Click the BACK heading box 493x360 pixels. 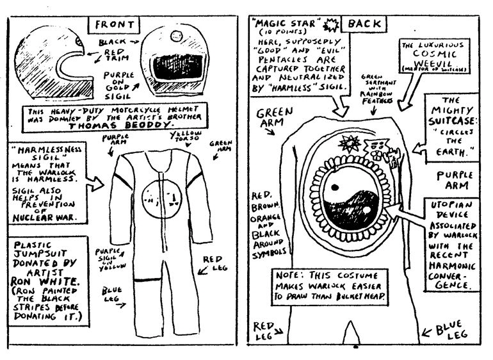click(x=362, y=24)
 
